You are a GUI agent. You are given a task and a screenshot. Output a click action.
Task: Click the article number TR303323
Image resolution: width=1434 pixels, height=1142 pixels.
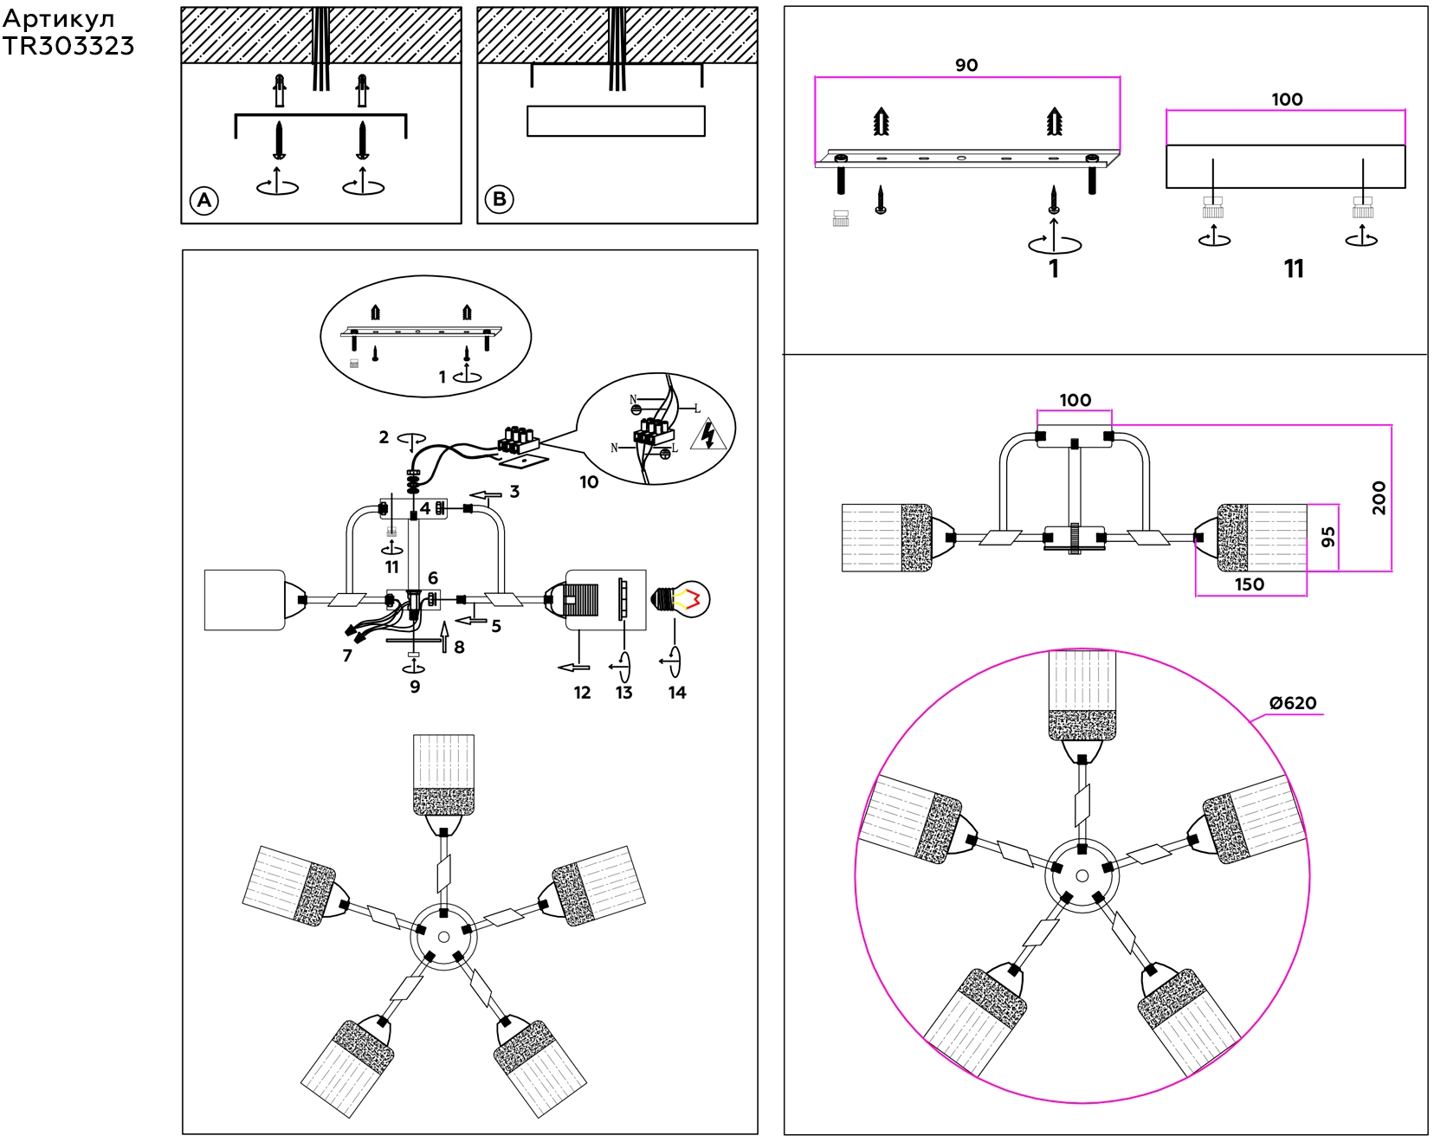pyautogui.click(x=68, y=47)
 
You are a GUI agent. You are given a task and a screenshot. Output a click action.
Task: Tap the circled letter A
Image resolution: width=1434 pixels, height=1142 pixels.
pyautogui.click(x=204, y=201)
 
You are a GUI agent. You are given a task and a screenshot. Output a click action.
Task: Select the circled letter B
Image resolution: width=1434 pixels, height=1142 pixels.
pyautogui.click(x=500, y=199)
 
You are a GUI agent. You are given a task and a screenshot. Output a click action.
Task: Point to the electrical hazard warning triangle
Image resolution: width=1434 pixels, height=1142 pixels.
pyautogui.click(x=708, y=434)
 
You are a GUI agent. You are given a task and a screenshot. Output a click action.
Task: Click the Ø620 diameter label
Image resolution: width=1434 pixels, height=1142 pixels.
pyautogui.click(x=1292, y=703)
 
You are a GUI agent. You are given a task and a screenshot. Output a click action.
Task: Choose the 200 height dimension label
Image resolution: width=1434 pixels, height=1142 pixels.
pyautogui.click(x=1379, y=498)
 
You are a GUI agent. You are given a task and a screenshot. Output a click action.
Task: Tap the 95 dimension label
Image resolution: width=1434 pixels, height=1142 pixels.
pyautogui.click(x=1327, y=537)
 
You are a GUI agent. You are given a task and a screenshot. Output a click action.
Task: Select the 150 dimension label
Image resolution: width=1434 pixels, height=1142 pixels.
pyautogui.click(x=1249, y=584)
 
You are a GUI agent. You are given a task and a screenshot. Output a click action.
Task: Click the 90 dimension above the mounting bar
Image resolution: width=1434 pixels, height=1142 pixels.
pyautogui.click(x=966, y=65)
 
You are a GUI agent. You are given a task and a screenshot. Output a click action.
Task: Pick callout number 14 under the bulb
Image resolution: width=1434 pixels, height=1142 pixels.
pyautogui.click(x=677, y=693)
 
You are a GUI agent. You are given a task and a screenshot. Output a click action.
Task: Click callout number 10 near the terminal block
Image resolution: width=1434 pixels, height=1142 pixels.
pyautogui.click(x=589, y=482)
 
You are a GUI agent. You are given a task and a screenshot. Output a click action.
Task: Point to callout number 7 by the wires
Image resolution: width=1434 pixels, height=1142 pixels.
pyautogui.click(x=347, y=655)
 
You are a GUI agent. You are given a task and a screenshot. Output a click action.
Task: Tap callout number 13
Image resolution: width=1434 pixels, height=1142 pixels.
pyautogui.click(x=624, y=693)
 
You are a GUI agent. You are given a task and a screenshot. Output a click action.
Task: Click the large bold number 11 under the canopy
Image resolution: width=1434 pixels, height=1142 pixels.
pyautogui.click(x=1294, y=269)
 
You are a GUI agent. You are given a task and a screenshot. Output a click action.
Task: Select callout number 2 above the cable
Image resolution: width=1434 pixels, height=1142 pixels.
pyautogui.click(x=384, y=437)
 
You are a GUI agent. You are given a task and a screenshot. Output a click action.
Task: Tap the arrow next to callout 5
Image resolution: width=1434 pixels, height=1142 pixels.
pyautogui.click(x=471, y=620)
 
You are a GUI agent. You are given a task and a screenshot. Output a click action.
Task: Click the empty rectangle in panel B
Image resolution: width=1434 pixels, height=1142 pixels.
pyautogui.click(x=616, y=121)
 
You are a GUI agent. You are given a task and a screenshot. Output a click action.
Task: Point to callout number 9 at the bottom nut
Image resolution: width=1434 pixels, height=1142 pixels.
pyautogui.click(x=415, y=687)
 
